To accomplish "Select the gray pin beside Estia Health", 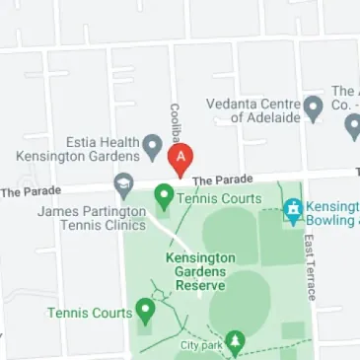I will [152, 148].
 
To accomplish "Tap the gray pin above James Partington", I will [123, 184].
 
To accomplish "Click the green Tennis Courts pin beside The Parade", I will [164, 197].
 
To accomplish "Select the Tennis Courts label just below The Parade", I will [219, 198].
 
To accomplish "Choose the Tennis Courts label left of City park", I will [90, 313].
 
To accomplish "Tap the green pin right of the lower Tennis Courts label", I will [146, 313].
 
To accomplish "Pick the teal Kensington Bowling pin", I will [293, 209].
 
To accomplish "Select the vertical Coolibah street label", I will [175, 121].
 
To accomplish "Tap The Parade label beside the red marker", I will [216, 180].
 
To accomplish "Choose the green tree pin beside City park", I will [234, 342].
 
